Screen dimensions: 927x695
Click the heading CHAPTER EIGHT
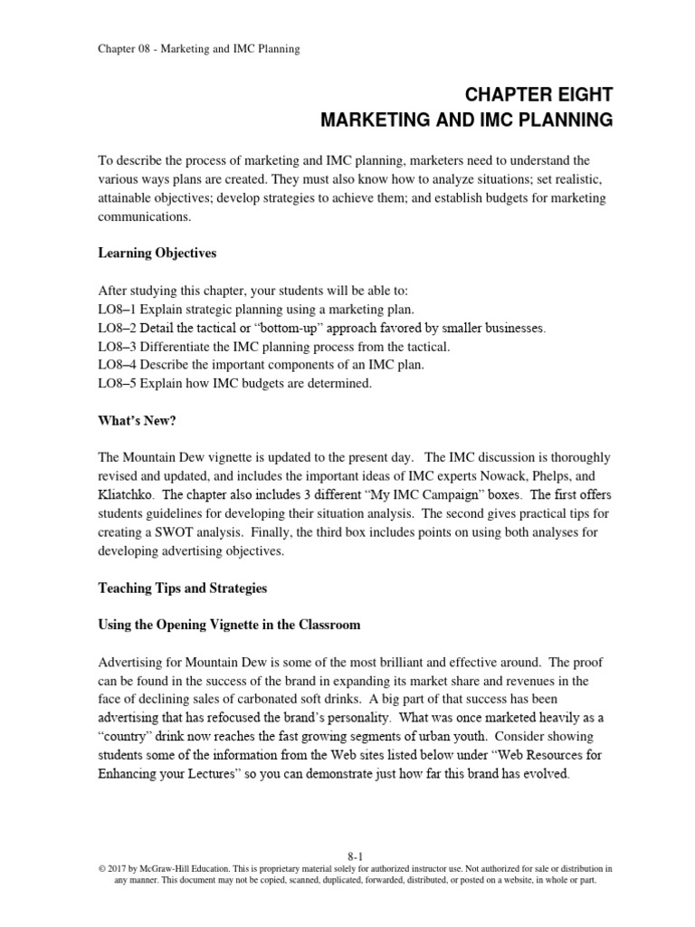[538, 94]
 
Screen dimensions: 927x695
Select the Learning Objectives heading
[157, 253]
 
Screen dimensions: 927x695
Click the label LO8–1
[117, 309]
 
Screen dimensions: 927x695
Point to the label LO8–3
[117, 347]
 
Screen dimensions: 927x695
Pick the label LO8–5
[117, 384]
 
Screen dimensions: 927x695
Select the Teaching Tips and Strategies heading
[182, 588]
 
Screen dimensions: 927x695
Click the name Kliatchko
[126, 495]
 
